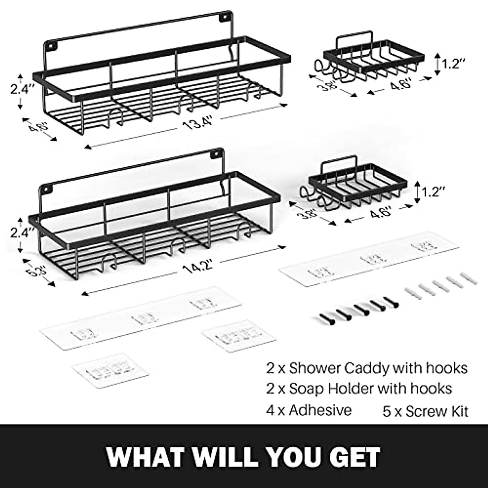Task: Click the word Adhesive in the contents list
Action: click(x=320, y=410)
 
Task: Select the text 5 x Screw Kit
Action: click(x=425, y=411)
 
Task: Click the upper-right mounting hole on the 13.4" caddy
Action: click(x=223, y=17)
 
